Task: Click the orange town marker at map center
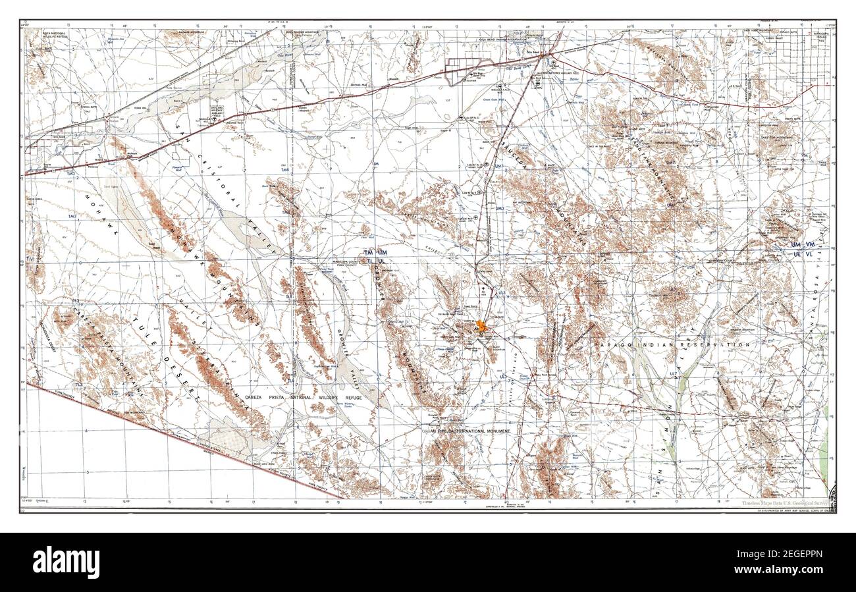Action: click(x=482, y=326)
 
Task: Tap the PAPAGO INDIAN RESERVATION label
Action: click(x=671, y=344)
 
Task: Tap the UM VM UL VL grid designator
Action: click(x=803, y=248)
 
